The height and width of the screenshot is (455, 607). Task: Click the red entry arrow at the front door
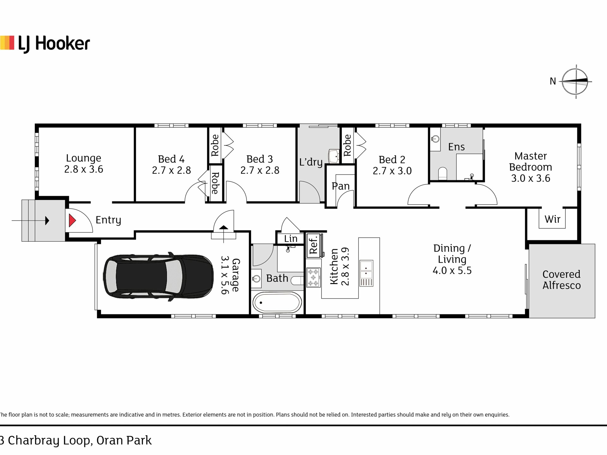click(72, 221)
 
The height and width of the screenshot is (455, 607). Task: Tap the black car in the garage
click(158, 277)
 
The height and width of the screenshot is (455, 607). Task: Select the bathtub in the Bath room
click(277, 303)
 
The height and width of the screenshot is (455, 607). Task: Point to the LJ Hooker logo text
click(54, 44)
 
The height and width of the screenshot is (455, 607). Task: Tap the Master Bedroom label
click(530, 167)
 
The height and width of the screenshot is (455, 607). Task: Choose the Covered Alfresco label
click(561, 280)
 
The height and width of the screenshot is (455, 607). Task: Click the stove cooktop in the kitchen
click(313, 277)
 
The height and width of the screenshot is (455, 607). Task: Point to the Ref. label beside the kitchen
click(313, 245)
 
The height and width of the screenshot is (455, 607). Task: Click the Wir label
click(552, 219)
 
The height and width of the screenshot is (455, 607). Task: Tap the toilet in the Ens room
click(443, 173)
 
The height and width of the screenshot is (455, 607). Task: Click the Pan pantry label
click(340, 186)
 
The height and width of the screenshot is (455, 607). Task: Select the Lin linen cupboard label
click(291, 239)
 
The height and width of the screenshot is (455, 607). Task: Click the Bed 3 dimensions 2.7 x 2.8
click(260, 171)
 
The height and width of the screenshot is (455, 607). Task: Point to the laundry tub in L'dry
click(334, 156)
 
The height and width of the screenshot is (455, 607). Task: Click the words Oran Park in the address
click(124, 440)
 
